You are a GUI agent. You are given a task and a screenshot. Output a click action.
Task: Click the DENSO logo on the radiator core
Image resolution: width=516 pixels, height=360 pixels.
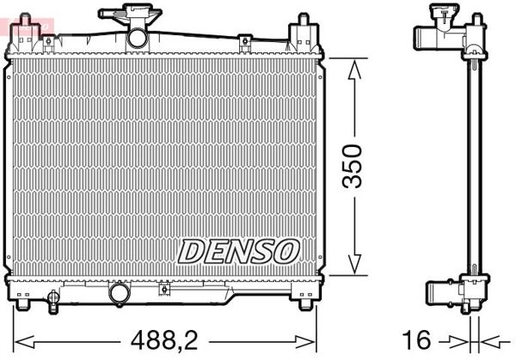pyautogui.click(x=237, y=251)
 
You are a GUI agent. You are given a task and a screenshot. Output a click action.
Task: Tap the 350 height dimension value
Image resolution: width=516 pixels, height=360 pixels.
pyautogui.click(x=353, y=166)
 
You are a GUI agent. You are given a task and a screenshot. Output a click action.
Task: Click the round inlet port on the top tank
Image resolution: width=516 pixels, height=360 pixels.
pyautogui.click(x=137, y=38)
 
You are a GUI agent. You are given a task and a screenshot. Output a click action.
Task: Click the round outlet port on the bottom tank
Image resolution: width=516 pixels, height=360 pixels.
pyautogui.click(x=119, y=293)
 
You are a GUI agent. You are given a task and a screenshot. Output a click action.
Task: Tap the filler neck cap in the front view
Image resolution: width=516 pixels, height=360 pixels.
pyautogui.click(x=130, y=15)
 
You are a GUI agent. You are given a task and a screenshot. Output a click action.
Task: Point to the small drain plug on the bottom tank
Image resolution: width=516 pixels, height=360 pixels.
pyautogui.click(x=54, y=298)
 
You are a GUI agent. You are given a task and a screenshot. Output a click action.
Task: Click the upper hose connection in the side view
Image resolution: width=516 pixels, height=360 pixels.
pyautogui.click(x=427, y=37)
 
